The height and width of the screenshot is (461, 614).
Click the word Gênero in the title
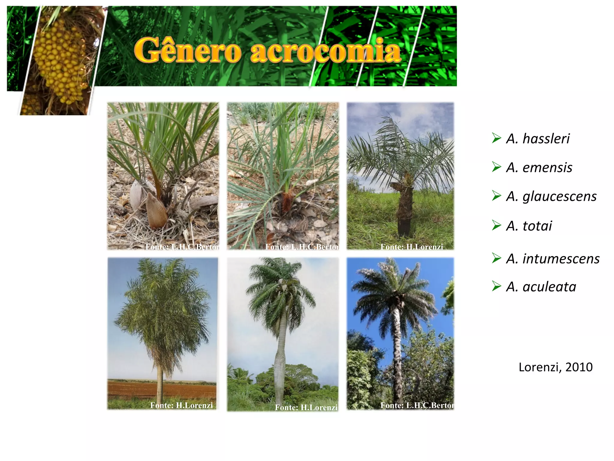coord(188,50)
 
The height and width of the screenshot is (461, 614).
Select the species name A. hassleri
coord(538,139)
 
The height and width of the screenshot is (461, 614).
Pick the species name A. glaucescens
coord(551,196)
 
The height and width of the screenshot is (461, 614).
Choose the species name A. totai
coord(529,226)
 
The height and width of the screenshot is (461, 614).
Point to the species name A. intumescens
coord(553,259)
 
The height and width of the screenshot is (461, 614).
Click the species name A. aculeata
coord(541,287)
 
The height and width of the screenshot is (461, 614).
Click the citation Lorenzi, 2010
coord(556,367)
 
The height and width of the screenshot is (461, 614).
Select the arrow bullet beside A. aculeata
coord(496,286)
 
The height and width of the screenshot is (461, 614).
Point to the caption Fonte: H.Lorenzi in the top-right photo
coord(412,247)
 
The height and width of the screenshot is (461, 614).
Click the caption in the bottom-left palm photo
coord(181,405)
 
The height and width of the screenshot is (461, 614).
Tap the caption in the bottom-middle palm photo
coord(306,407)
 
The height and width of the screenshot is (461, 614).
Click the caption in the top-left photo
coord(182,247)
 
